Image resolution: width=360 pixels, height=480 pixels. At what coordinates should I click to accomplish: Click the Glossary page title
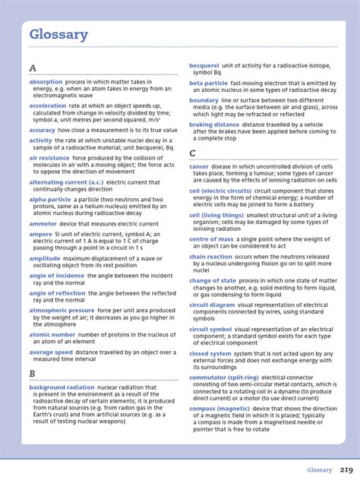[x=58, y=34]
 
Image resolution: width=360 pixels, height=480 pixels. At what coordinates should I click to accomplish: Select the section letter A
[x=33, y=68]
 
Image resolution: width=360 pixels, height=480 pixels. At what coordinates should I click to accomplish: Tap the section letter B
[x=33, y=374]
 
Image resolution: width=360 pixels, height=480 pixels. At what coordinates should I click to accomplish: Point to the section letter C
[x=193, y=153]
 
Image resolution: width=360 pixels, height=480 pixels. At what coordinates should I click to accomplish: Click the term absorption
[x=46, y=81]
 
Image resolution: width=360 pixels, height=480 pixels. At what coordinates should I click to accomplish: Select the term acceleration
[x=48, y=106]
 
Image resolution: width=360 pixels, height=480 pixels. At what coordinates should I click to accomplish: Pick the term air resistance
[x=49, y=158]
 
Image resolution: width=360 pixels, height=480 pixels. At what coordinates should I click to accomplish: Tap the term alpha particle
[x=50, y=200]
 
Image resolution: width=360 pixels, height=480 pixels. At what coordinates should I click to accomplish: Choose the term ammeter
[x=43, y=223]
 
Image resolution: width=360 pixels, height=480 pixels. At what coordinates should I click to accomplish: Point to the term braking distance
[x=216, y=124]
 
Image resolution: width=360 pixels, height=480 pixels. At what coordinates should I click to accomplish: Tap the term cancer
[x=199, y=166]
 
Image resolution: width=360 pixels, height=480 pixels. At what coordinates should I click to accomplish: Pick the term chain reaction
[x=210, y=257]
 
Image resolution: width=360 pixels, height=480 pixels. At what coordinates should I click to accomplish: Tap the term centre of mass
[x=211, y=239]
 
